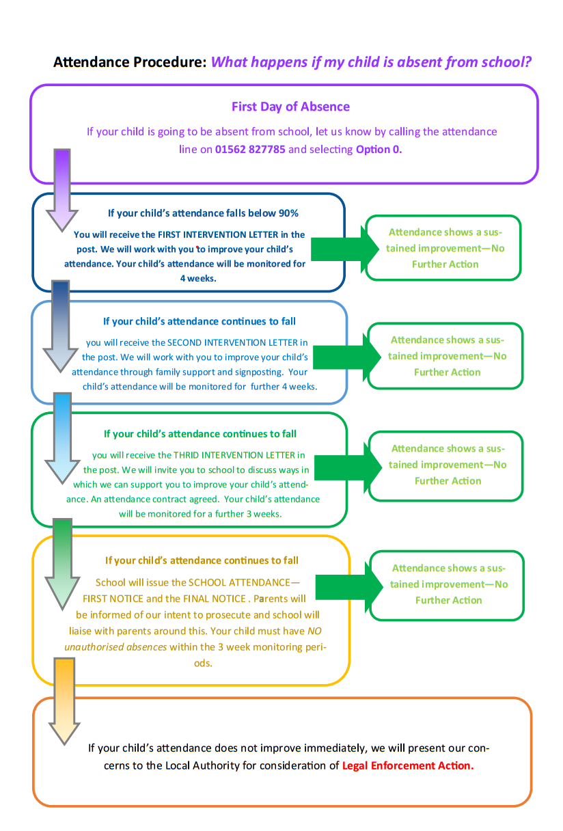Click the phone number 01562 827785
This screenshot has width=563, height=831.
pyautogui.click(x=250, y=149)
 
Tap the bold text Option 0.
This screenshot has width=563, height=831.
pyautogui.click(x=379, y=149)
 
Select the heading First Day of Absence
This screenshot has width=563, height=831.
pyautogui.click(x=290, y=107)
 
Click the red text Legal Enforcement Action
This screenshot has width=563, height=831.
pyautogui.click(x=407, y=765)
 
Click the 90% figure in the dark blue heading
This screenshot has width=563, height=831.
pyautogui.click(x=286, y=213)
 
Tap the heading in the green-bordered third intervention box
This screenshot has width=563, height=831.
pyautogui.click(x=200, y=434)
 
